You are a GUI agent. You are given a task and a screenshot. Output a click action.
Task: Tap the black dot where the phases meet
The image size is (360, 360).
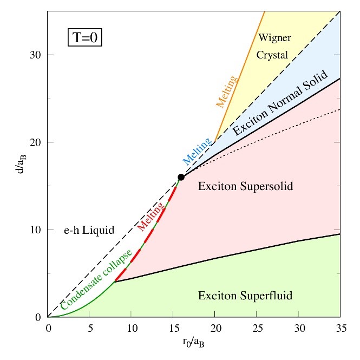point(181,177)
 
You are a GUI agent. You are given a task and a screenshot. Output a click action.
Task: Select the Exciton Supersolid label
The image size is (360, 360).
point(245,187)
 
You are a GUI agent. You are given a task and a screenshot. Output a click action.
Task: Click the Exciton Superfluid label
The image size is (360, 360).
point(245,296)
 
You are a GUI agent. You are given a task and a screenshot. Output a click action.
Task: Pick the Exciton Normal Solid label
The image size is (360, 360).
point(280,103)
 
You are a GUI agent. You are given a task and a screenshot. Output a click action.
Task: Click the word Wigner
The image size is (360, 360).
point(275,38)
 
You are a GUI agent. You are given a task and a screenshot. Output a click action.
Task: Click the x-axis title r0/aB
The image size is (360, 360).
point(193,343)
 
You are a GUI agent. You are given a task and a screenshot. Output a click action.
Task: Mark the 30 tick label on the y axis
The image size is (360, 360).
point(36,55)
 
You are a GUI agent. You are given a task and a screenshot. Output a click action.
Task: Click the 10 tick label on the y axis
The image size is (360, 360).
point(36,230)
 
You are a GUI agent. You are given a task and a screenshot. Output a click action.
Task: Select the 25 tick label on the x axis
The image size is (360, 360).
point(257,328)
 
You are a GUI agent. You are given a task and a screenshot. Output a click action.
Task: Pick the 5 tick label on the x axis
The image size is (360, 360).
point(90,328)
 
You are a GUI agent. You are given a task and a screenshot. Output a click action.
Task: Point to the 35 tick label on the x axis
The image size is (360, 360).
point(340,328)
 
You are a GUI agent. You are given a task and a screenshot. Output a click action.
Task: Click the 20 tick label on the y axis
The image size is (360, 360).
point(36,142)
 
